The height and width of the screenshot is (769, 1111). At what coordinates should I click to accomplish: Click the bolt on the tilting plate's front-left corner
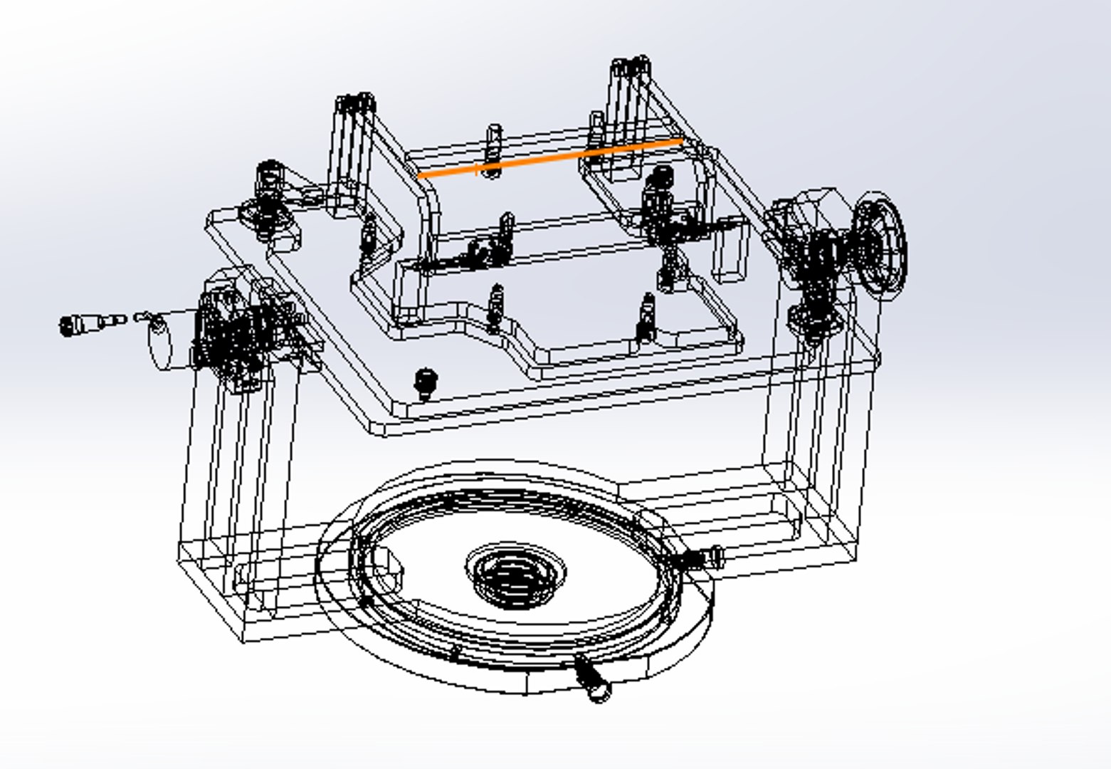pos(425,383)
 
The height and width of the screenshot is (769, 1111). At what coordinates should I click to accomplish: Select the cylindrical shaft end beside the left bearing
pos(162,343)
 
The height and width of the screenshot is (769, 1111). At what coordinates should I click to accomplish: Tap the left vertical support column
pos(228,484)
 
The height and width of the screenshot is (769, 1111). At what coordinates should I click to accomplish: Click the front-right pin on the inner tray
pos(646,317)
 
